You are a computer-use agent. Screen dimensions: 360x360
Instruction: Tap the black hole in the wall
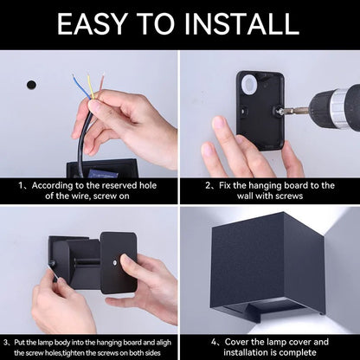click(31, 85)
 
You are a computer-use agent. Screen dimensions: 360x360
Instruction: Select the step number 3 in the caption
click(6, 344)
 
